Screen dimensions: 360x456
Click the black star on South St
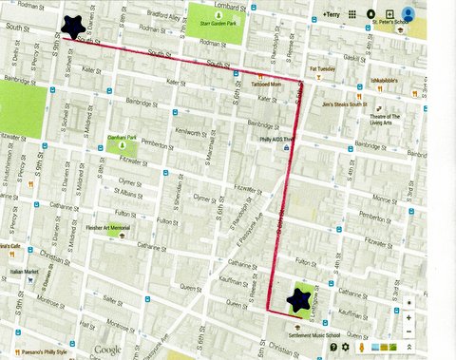pos(70,28)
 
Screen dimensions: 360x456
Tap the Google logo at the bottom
pos(108,350)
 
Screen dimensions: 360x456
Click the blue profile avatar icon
pos(408,15)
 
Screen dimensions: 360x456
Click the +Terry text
pos(331,16)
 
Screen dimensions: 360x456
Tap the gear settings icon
pos(346,347)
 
